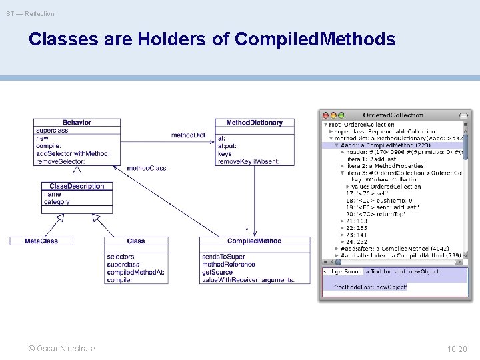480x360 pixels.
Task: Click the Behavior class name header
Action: click(x=77, y=123)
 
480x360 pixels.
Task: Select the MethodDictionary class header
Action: click(x=254, y=123)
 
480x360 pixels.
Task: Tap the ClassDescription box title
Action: click(x=77, y=186)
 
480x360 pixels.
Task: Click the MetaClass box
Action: click(x=41, y=241)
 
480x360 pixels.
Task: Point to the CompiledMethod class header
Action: click(x=254, y=241)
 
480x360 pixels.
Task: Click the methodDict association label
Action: click(x=188, y=135)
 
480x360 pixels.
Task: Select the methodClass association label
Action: click(x=146, y=168)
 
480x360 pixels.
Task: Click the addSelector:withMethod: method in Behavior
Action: click(x=73, y=154)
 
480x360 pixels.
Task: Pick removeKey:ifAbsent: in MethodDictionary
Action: click(x=248, y=161)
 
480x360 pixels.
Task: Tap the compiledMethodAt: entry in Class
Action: click(x=132, y=273)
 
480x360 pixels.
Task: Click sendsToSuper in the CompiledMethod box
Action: click(x=223, y=257)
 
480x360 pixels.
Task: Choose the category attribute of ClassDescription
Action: click(x=57, y=202)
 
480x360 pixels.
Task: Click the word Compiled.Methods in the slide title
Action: click(x=315, y=39)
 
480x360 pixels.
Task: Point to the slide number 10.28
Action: click(x=457, y=349)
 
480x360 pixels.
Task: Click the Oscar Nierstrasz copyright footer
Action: click(x=61, y=349)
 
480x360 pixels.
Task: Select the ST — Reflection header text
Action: click(x=31, y=13)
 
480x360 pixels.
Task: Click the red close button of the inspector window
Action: click(x=325, y=115)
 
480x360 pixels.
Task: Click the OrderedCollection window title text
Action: click(x=393, y=115)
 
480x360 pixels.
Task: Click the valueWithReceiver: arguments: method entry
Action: click(x=247, y=280)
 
